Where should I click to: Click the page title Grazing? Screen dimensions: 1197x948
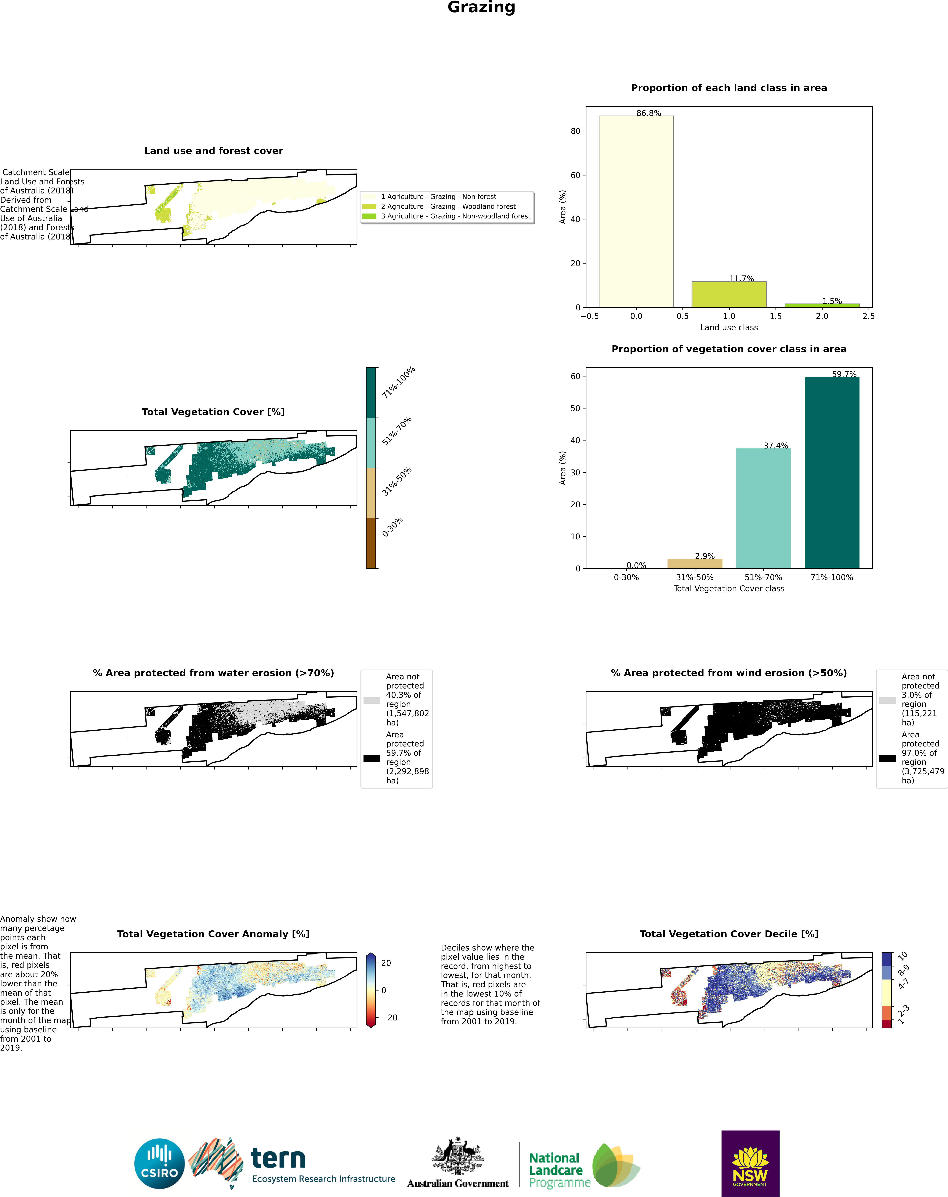pos(481,8)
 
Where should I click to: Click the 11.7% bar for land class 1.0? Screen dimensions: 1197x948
pos(729,294)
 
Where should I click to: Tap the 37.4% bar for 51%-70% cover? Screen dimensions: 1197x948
pos(763,508)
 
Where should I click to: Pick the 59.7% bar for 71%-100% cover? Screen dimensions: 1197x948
pos(831,472)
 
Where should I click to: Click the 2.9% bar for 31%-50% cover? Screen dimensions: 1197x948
pos(694,563)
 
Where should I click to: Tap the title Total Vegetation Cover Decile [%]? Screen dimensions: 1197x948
pos(729,934)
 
